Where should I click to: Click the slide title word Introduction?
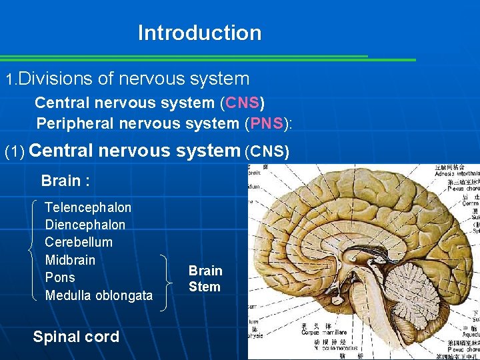point(199,33)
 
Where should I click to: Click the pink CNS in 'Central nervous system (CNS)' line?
point(243,103)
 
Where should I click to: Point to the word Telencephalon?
point(88,207)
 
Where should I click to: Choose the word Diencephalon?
point(85,225)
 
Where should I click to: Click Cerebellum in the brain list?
point(79,242)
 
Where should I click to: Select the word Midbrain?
point(70,259)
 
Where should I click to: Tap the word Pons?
point(60,277)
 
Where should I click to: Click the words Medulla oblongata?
point(99,295)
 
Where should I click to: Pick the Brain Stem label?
point(205,279)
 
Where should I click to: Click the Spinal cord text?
point(76,337)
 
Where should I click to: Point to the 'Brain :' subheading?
point(65,181)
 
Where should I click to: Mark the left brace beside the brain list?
point(34,250)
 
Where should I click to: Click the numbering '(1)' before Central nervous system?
point(15,152)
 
